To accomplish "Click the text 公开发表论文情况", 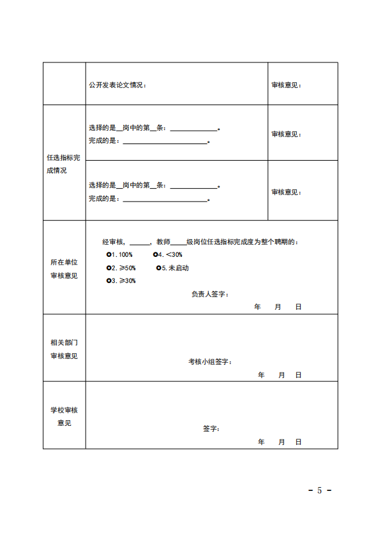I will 117,85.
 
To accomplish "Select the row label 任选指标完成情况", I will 64,164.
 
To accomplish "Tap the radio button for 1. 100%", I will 109,254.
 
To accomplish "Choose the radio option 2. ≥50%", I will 109,268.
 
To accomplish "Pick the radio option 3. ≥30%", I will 109,281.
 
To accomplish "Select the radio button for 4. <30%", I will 156,254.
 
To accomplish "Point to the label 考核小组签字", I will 209,361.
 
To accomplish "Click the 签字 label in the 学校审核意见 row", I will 211,428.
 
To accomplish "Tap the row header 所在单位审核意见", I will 64,269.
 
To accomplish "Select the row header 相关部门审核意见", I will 64,349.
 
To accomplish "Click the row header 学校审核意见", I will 64,416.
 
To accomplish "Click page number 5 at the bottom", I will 319,490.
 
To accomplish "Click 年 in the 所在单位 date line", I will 257,307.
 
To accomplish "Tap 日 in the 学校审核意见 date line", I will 298,442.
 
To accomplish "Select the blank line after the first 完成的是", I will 165,143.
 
